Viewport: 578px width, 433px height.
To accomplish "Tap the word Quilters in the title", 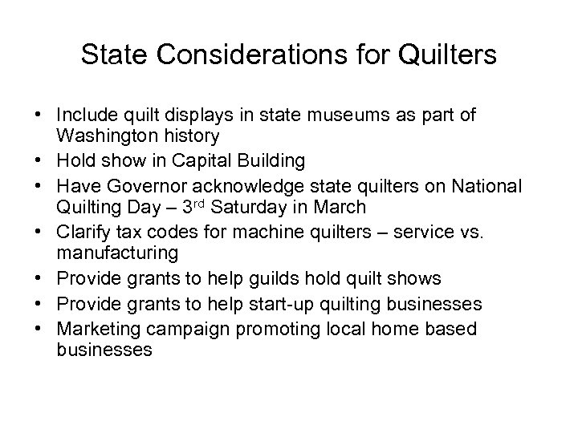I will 446,56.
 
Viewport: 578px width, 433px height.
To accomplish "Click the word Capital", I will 194,160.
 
